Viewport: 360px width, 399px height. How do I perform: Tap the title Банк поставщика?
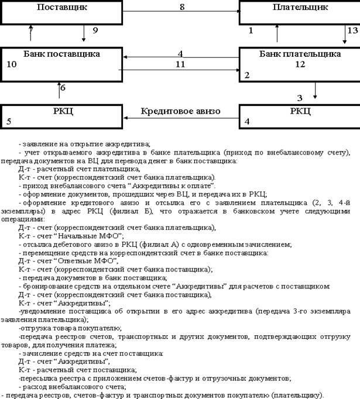62,54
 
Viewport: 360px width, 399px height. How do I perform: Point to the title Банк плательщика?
300,54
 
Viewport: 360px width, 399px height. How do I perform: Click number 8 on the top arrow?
181,7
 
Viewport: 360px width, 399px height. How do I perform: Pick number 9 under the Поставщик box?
95,30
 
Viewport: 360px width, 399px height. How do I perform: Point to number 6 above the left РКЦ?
63,88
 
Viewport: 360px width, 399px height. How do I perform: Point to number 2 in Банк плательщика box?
248,75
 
